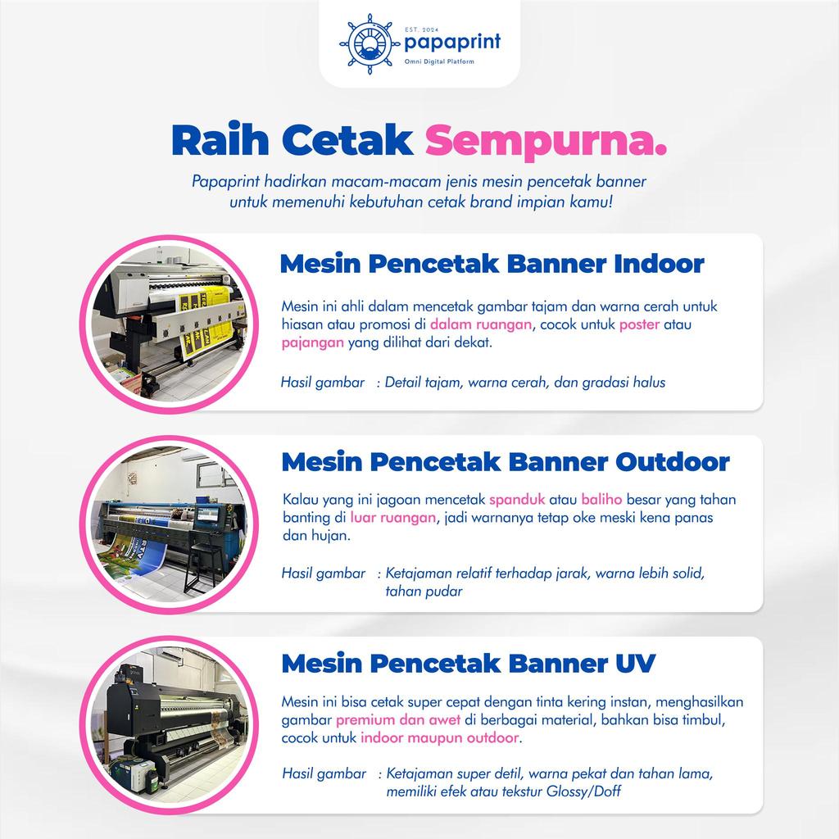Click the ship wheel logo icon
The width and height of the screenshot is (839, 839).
click(370, 44)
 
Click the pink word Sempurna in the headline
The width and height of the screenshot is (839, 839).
click(546, 140)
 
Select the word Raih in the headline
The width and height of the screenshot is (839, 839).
click(220, 139)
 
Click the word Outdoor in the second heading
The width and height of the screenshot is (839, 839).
click(673, 462)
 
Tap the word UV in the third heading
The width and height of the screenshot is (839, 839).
click(636, 664)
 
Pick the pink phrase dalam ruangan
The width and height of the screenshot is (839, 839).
click(481, 324)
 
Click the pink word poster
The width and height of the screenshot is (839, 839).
click(639, 324)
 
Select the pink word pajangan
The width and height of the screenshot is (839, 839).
click(312, 342)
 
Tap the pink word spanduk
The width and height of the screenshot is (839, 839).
click(517, 500)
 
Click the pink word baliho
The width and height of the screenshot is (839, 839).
click(601, 499)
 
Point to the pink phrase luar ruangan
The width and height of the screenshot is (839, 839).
click(393, 518)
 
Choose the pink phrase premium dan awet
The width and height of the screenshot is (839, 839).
click(398, 720)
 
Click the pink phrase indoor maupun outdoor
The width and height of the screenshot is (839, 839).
click(439, 738)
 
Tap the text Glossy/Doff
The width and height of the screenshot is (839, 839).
click(583, 791)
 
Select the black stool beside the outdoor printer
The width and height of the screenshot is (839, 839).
click(204, 566)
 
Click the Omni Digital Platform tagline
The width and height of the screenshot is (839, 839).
click(439, 61)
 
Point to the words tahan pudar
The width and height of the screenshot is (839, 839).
click(424, 592)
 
